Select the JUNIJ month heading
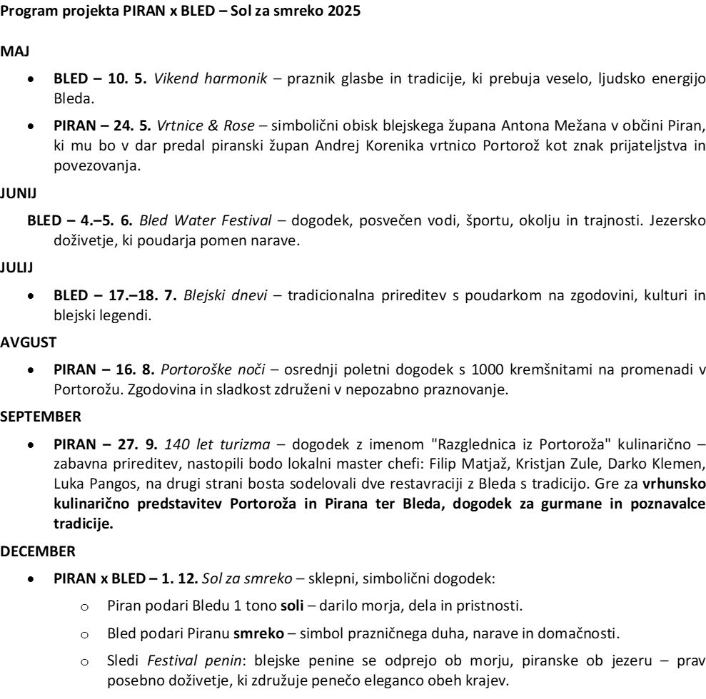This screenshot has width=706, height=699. coord(16,194)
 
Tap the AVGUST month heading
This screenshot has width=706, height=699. coord(28,342)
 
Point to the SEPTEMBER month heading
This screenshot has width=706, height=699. coord(40,415)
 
